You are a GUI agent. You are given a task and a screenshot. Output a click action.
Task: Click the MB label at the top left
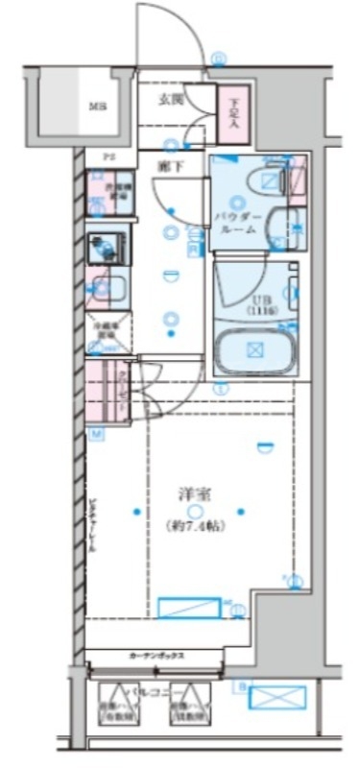(97, 106)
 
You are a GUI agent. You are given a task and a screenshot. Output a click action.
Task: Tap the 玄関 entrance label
(171, 100)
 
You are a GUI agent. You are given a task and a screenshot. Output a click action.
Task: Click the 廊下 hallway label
(169, 165)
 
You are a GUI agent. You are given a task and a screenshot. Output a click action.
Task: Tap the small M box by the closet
(97, 435)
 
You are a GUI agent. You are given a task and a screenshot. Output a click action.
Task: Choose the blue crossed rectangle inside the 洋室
(188, 608)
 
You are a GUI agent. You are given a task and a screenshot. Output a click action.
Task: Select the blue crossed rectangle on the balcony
(277, 696)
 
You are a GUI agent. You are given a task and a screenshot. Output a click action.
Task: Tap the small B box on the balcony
(241, 685)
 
